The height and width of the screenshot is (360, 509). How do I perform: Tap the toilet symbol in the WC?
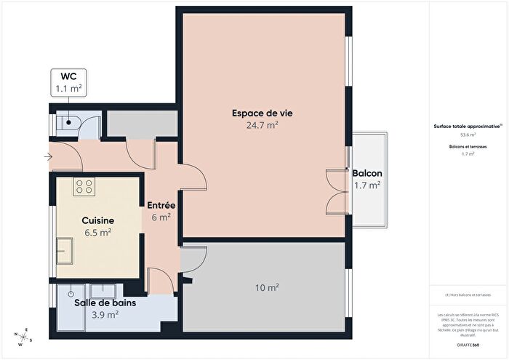tap(71, 121)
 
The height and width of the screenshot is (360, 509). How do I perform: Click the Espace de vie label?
tap(262, 113)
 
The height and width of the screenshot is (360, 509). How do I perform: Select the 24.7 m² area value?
tap(262, 124)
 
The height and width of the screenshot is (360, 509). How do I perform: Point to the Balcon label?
tap(367, 174)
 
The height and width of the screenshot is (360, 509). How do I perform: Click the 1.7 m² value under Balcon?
tap(367, 185)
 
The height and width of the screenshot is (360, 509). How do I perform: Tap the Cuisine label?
tap(96, 220)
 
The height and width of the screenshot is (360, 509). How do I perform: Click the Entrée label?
tap(160, 205)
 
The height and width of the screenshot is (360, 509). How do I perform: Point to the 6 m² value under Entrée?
tap(160, 217)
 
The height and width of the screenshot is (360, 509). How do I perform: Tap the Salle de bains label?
tap(105, 303)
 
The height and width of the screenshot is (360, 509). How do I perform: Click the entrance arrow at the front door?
tap(47, 155)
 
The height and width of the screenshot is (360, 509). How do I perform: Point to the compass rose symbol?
tap(23, 337)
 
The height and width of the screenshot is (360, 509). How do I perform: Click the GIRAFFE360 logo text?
tap(468, 343)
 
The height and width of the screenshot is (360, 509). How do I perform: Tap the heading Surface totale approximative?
tap(467, 127)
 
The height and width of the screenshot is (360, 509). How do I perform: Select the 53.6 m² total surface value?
tap(468, 135)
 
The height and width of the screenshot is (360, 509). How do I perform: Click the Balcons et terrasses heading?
tap(468, 147)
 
